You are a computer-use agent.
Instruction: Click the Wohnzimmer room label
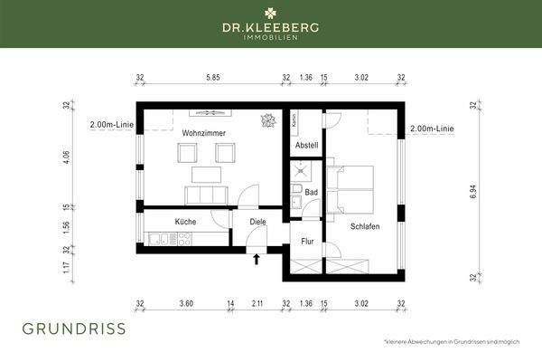pos(203,133)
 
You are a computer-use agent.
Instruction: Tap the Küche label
pos(186,220)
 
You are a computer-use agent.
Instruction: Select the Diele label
pos(246,220)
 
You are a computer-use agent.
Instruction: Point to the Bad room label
pos(312,192)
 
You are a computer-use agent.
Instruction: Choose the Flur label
pos(306,242)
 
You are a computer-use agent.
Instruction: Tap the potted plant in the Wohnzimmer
pos(268,120)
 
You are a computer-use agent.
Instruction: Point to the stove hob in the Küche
pos(185,239)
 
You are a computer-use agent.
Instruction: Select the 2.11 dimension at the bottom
pos(257,303)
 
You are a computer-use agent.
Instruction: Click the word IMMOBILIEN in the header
pos(271,39)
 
